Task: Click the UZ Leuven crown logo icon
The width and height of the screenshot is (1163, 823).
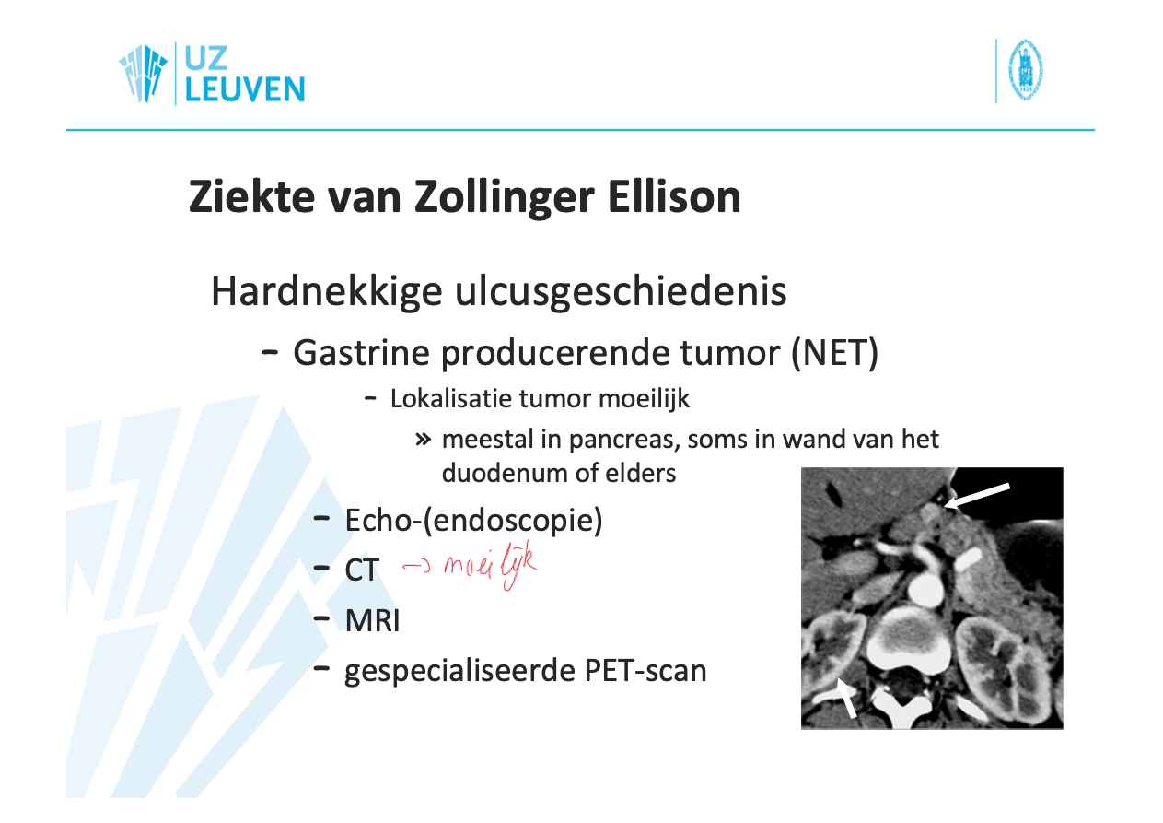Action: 143,73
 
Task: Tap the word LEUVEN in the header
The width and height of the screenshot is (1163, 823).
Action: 245,89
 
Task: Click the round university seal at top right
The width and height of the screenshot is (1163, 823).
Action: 1026,70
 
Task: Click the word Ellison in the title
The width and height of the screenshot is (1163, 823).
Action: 674,197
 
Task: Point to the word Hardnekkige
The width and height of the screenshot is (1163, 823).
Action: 327,292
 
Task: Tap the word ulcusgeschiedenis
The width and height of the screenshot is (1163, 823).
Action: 621,292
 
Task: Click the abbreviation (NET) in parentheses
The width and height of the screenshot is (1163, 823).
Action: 835,353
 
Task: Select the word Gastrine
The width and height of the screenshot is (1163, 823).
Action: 361,353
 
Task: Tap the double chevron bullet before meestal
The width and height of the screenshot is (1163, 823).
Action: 424,441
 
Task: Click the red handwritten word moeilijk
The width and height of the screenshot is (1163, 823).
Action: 490,565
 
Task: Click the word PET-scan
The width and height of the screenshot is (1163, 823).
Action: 645,671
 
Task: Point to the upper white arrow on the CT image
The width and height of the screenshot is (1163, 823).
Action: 977,496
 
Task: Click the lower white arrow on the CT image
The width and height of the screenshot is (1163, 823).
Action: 846,699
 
